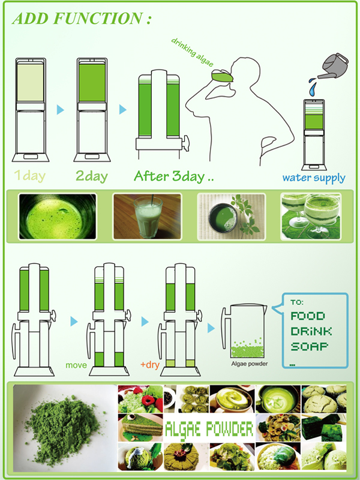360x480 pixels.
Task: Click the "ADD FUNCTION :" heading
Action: point(82,19)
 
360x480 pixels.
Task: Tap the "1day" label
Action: point(30,176)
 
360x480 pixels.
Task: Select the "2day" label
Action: point(92,176)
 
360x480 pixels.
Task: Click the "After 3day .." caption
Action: point(173,176)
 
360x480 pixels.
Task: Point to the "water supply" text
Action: point(314,178)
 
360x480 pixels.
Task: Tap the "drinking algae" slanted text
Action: point(192,52)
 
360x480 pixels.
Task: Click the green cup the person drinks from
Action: point(222,76)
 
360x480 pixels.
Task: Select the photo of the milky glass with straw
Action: point(147,217)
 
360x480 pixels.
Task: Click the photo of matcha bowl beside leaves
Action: point(232,217)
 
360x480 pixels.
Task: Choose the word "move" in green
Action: point(76,365)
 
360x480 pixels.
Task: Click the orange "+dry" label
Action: point(149,365)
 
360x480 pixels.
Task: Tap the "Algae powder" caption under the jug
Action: point(250,364)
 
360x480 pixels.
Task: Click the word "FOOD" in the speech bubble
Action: point(307,316)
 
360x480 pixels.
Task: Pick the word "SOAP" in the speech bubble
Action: point(309,347)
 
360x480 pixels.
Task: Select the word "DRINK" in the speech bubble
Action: point(311,331)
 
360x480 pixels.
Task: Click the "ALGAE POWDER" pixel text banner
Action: point(209,429)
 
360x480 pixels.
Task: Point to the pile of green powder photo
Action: point(65,428)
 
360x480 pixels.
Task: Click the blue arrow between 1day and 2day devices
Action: point(61,109)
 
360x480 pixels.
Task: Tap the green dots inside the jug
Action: point(247,349)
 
